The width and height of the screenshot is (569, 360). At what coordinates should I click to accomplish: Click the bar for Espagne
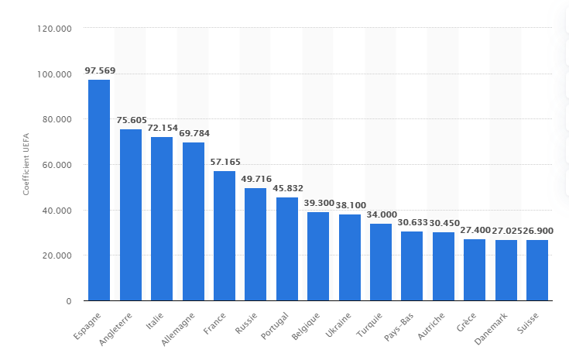click(99, 190)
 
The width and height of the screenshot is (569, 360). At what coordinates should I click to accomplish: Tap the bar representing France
click(225, 235)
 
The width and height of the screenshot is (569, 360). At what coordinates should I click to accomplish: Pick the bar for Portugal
click(287, 249)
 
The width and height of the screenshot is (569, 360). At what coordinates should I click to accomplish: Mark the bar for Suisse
click(537, 270)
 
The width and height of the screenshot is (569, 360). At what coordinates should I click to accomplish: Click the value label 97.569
click(99, 71)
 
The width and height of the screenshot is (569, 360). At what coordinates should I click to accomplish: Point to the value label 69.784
click(194, 134)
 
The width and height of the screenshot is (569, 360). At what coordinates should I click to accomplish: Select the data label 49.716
click(255, 180)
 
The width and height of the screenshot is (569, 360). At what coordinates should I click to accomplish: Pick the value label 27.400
click(475, 231)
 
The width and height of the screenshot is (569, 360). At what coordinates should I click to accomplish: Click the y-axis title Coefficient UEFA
click(26, 164)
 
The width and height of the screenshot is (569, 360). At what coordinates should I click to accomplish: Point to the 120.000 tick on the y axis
click(53, 29)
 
